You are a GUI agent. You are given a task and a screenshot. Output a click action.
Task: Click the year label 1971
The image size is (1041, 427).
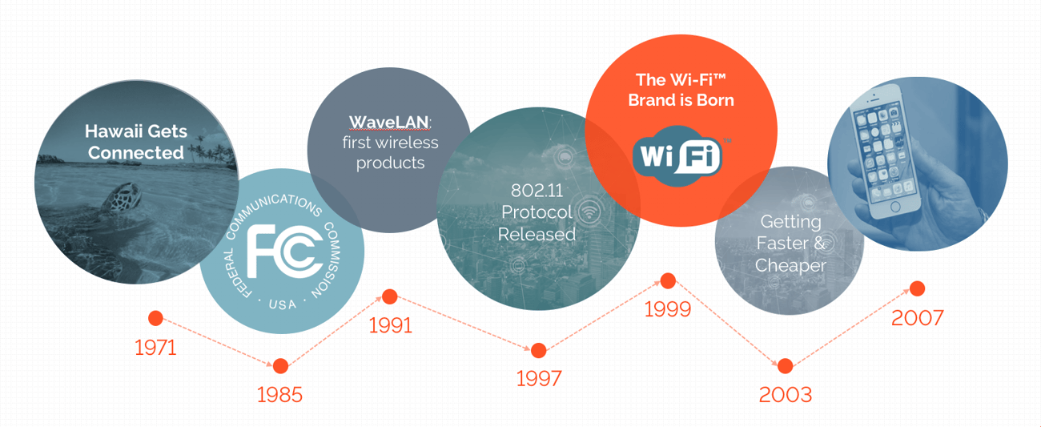155,348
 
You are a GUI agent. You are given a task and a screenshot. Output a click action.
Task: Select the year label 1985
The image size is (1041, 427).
279,395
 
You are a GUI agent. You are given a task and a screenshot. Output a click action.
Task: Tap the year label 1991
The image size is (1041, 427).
391,325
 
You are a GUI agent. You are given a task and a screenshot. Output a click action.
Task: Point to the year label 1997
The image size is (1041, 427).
539,379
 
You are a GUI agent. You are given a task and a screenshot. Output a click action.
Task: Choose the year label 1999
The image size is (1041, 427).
668,309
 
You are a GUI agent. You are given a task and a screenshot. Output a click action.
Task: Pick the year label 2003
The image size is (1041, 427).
786,395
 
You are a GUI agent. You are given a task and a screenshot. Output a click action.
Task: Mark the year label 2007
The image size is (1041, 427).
918,318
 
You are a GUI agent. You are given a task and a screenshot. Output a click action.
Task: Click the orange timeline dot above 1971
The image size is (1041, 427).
155,318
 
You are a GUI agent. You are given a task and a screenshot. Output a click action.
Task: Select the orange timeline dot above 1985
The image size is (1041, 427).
280,366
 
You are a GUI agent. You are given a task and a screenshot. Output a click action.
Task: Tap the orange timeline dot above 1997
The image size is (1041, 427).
539,350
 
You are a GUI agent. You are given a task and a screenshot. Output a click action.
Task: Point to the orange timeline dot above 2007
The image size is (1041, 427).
918,288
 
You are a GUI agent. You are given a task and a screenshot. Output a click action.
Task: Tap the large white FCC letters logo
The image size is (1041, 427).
284,251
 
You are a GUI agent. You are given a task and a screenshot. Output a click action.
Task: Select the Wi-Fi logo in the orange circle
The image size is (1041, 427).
677,156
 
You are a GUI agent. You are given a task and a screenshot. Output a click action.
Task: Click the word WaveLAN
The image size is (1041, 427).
388,122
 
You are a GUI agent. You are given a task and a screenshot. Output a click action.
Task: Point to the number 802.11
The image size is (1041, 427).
537,190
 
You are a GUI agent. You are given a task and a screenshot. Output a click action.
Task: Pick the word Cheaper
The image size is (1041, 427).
790,266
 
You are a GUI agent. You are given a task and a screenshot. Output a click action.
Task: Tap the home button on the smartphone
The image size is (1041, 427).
895,207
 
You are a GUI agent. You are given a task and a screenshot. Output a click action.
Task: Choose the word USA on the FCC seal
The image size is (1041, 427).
283,304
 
